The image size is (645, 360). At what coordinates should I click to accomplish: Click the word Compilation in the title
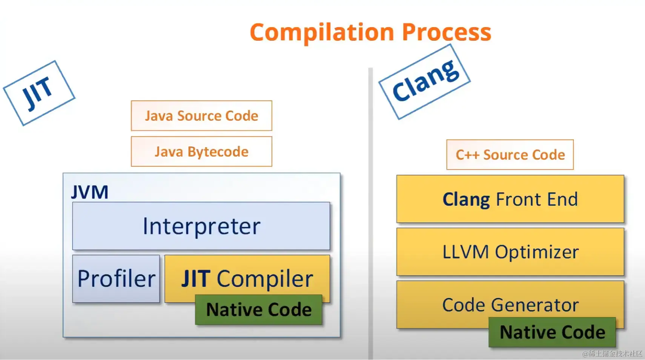point(322,33)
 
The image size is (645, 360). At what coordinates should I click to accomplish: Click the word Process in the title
point(447,32)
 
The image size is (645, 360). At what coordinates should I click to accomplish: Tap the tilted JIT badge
point(39,93)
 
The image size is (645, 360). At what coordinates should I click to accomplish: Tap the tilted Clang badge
point(424,82)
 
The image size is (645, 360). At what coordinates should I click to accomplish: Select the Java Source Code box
point(201,115)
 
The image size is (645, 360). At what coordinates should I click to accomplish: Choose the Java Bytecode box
point(201,151)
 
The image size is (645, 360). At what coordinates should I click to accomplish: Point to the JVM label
point(89,192)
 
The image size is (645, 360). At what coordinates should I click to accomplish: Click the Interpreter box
point(201,226)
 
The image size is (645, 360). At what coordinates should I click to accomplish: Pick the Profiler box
point(116,278)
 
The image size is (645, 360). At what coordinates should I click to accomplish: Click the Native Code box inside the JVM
point(259,309)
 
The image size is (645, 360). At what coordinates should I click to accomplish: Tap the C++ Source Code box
point(510,155)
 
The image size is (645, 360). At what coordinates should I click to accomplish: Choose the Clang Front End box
point(510,199)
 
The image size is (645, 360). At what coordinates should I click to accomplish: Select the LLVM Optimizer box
point(510,252)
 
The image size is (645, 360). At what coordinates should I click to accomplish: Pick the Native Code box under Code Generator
point(552,332)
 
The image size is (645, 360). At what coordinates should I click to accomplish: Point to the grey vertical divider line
point(370,214)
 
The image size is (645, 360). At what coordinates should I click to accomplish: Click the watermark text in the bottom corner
point(612,354)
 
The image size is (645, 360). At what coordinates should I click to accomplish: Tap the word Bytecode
point(218,151)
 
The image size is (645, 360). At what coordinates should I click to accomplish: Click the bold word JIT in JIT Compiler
point(196,278)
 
